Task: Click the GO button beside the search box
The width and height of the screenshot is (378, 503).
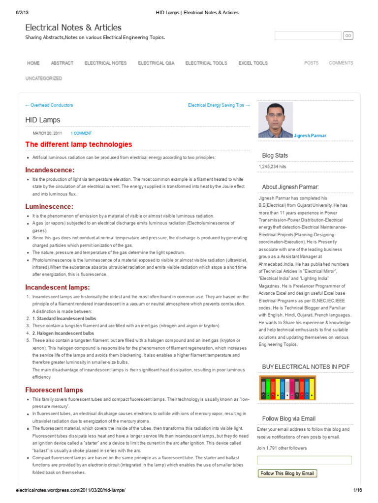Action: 348,36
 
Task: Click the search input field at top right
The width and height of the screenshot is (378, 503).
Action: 308,36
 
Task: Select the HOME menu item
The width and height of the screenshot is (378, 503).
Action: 33,63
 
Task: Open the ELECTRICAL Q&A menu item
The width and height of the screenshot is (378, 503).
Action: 156,63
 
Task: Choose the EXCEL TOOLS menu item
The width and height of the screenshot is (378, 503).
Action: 253,63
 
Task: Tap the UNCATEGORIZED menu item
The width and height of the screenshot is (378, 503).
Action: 44,79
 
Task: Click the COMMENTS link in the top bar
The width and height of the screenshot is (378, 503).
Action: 341,63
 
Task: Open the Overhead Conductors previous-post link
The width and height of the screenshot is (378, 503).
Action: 49,105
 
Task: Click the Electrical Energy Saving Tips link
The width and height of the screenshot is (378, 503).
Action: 219,105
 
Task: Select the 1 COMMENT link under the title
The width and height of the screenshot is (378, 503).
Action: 81,133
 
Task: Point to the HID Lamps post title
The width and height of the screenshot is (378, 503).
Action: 43,120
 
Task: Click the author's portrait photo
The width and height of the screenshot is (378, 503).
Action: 275,120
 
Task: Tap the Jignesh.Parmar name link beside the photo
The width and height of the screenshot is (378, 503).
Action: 310,136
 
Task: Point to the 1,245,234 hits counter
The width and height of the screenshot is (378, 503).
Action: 272,167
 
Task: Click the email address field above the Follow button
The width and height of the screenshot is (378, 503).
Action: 304,460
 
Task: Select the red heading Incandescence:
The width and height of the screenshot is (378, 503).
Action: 50,169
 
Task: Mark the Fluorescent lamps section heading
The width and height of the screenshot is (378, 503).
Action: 54,390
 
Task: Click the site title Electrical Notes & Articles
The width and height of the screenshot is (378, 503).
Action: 73,28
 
